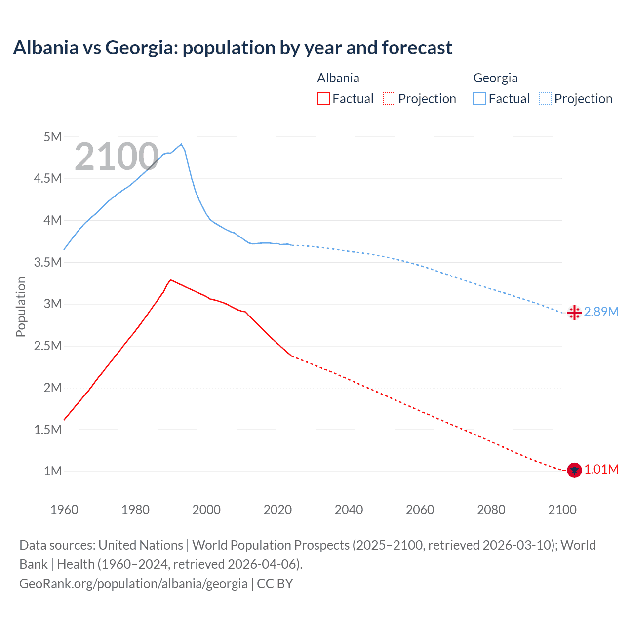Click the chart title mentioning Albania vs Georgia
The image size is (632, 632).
click(x=233, y=48)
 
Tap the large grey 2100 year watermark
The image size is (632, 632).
click(x=117, y=157)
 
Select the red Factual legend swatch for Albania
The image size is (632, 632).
click(x=323, y=98)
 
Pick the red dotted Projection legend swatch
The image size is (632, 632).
click(x=389, y=98)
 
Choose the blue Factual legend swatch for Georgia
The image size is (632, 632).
click(x=479, y=98)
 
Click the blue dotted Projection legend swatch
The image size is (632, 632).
click(x=546, y=98)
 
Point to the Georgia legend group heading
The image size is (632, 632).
click(x=495, y=78)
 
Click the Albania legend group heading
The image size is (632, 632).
click(x=338, y=78)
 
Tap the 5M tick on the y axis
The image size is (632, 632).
click(x=52, y=137)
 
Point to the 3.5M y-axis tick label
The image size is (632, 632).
click(x=48, y=262)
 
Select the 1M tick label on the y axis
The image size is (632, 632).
click(x=52, y=471)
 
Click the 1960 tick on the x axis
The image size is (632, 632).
click(x=64, y=510)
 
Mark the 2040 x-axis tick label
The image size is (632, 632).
click(x=349, y=510)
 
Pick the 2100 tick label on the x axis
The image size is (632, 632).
click(x=562, y=510)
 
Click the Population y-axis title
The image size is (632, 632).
click(x=21, y=307)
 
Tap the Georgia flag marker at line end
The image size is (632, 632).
click(x=574, y=313)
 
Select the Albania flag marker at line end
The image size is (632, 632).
click(x=574, y=470)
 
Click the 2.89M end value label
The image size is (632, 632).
click(x=601, y=312)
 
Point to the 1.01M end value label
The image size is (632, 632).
click(x=601, y=469)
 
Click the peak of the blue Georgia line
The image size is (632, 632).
click(x=181, y=144)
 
